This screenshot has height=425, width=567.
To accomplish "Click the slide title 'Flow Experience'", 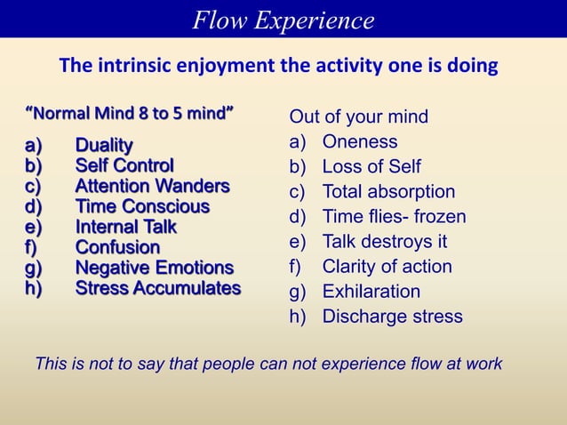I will pos(283,20).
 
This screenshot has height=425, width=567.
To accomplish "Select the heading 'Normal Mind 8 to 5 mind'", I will pos(130,114).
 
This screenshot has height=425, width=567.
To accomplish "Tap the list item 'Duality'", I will pos(104,145).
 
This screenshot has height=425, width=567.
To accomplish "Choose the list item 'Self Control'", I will pos(124,165).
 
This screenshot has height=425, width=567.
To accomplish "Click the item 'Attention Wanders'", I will pos(152,187).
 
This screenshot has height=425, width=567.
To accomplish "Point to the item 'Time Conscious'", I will pos(142,206).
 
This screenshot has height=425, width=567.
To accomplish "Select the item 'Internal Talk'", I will pos(125,227).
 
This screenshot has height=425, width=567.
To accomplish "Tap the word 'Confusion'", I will pos(117,247).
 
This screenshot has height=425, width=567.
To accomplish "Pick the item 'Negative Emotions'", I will pos(154,268).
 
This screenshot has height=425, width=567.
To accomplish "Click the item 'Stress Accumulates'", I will pos(157,288).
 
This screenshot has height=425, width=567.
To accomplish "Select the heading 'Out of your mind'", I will pos(358,117).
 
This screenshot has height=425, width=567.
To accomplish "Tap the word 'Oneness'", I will pos(359,142).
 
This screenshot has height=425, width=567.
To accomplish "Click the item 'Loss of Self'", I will pos(371,167).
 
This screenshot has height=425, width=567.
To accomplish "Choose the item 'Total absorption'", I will pos(388,192).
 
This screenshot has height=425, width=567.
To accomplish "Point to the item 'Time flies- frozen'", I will pos(394,217).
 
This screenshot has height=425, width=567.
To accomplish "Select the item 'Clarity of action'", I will pos(387,267).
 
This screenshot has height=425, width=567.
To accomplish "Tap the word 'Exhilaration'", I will pos(371,292).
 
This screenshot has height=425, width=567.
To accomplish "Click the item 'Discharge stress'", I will pos(392,317).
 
